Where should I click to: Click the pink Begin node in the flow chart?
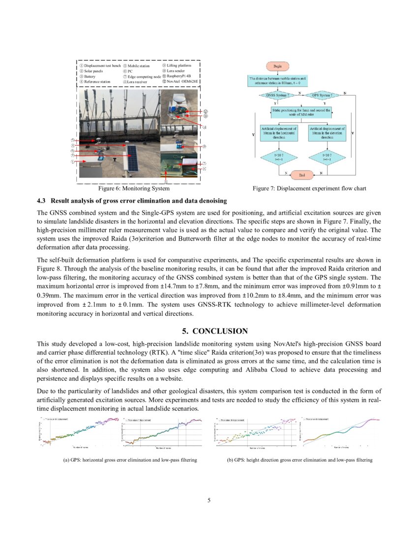(277, 66)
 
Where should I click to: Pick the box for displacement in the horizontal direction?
(278, 133)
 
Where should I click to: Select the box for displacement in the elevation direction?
(327, 133)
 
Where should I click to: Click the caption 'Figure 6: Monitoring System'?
(134, 188)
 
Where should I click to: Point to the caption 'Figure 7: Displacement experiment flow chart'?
(309, 188)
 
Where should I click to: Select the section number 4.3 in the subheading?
(41, 201)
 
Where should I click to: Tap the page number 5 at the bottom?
(209, 501)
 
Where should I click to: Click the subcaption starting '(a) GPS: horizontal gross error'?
(127, 460)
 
